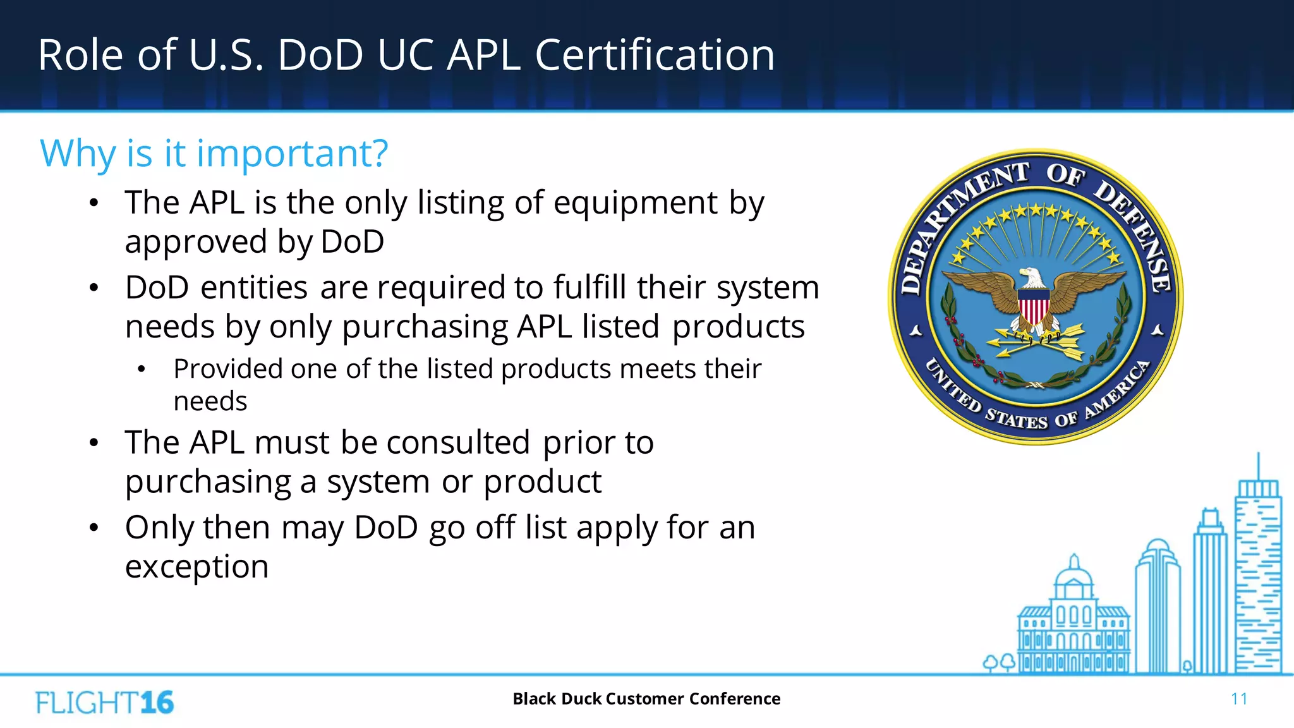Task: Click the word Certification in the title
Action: click(655, 55)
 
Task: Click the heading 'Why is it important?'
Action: click(214, 154)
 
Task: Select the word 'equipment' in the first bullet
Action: click(636, 203)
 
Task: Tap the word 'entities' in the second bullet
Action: click(254, 288)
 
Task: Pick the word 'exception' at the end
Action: click(197, 567)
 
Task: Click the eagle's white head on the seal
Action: click(1032, 277)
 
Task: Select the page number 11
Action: click(1238, 699)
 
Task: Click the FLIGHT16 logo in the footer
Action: click(105, 703)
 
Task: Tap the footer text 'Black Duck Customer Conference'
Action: click(646, 699)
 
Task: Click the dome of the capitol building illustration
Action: click(1073, 574)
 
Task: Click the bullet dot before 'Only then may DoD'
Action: click(94, 528)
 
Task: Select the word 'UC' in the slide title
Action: click(406, 55)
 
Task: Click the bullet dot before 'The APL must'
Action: click(94, 443)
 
